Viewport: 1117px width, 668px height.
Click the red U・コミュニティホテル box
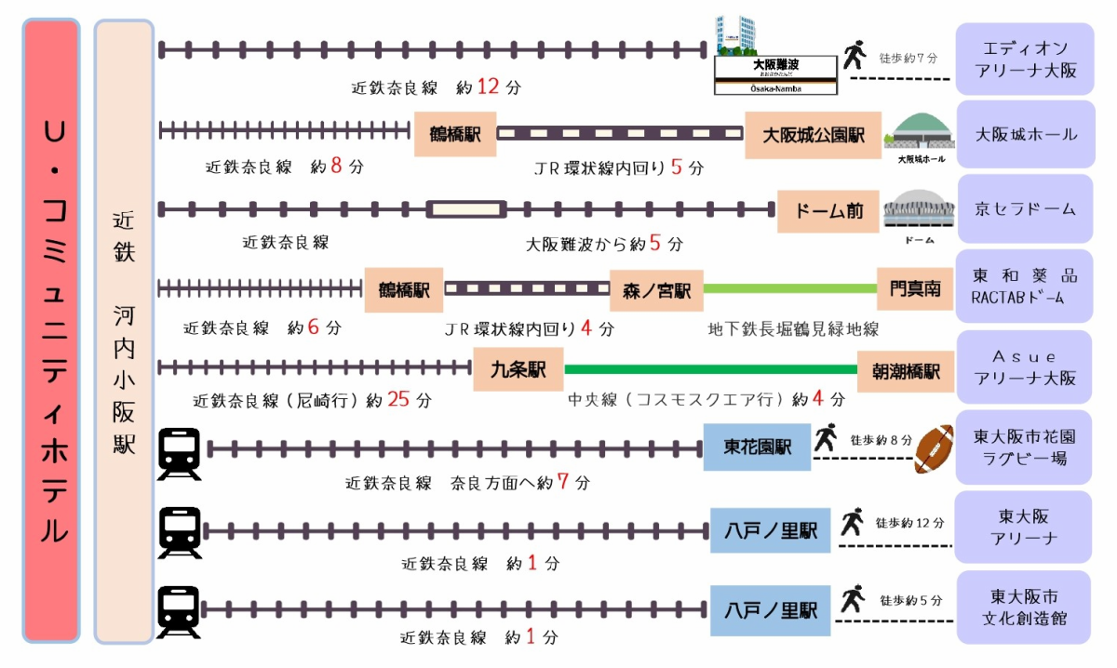(x=51, y=331)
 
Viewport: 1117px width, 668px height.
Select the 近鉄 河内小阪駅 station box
(x=124, y=331)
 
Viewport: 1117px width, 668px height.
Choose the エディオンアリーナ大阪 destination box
(x=1024, y=59)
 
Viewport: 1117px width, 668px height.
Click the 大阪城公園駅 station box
(x=813, y=135)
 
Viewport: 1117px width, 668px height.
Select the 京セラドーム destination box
(x=1024, y=209)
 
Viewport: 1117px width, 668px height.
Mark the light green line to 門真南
(x=789, y=289)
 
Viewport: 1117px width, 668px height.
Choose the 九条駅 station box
(x=518, y=369)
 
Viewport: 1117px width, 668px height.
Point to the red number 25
(x=398, y=400)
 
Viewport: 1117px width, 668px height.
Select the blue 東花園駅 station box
(x=757, y=447)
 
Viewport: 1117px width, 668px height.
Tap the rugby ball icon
(x=935, y=449)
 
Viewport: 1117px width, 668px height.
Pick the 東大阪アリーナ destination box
(x=1024, y=528)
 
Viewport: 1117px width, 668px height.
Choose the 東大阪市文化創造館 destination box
(x=1024, y=608)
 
